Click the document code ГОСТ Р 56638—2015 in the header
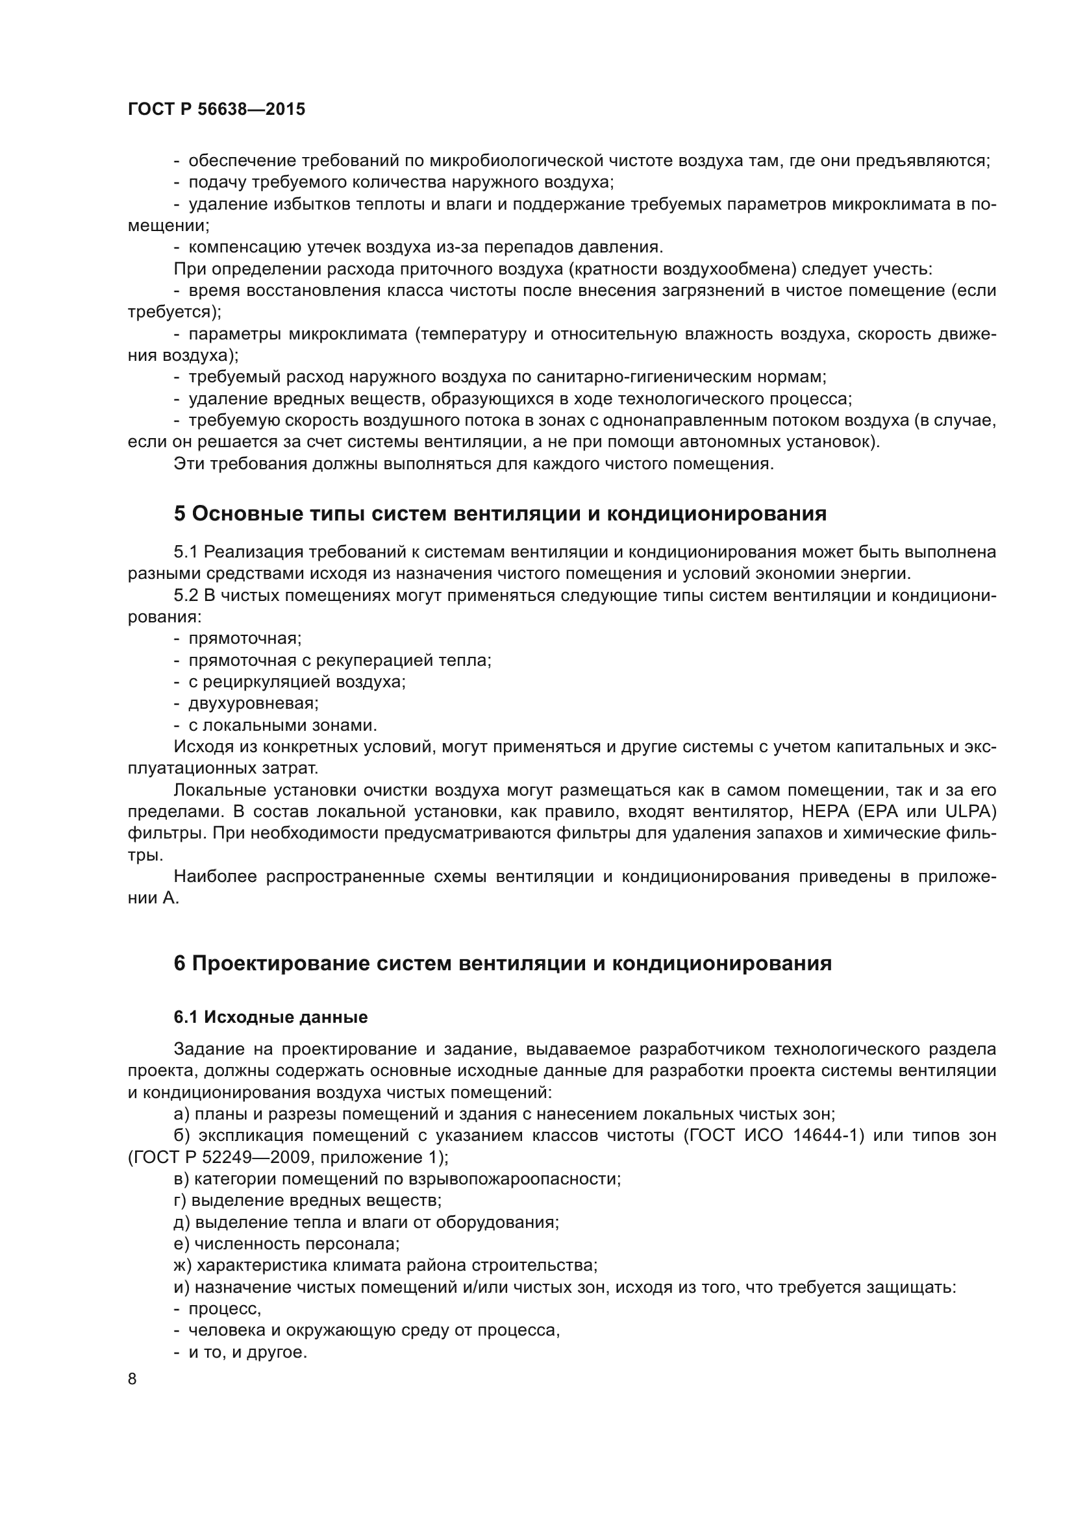(216, 110)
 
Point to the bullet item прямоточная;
(245, 639)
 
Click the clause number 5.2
(186, 596)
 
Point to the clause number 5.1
(186, 552)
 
